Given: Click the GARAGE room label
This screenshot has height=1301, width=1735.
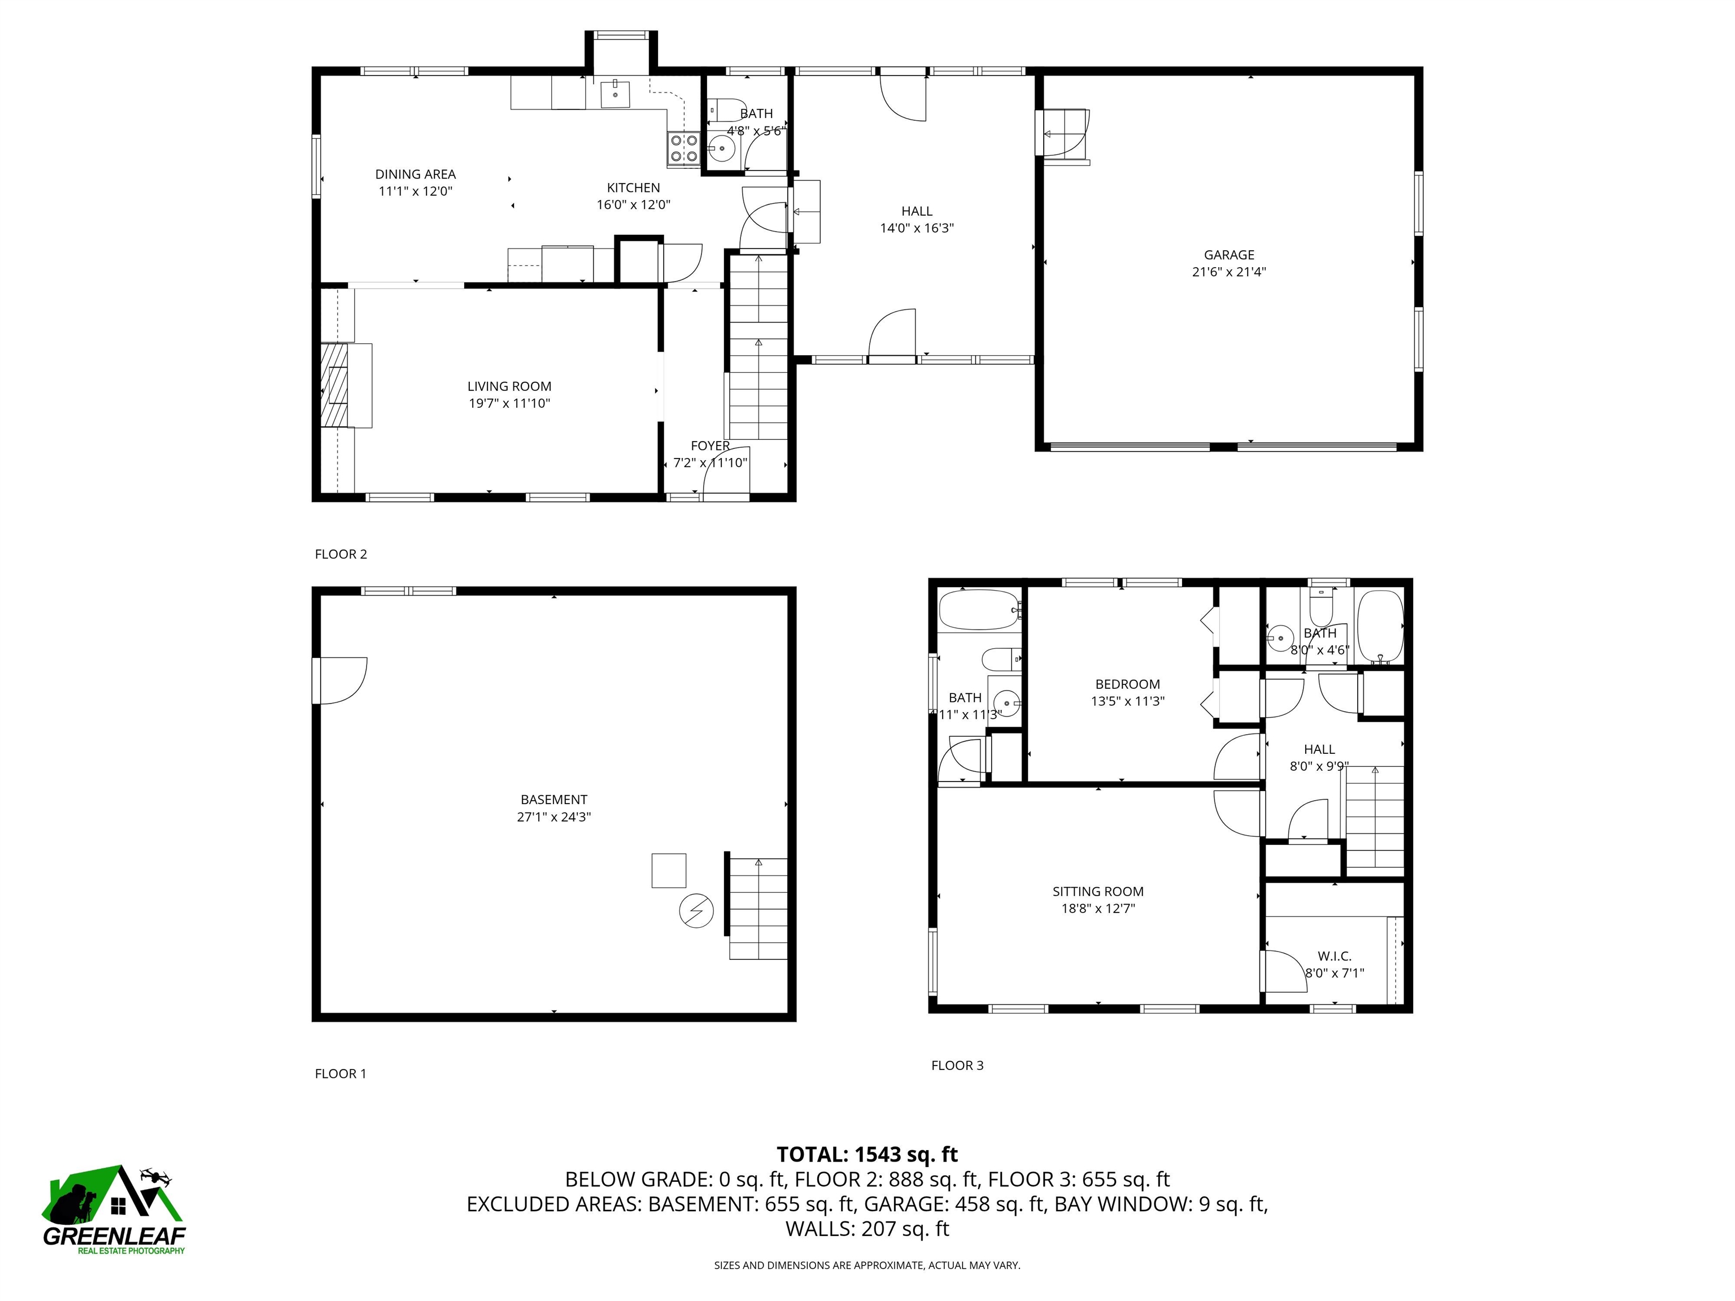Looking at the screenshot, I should pyautogui.click(x=1228, y=255).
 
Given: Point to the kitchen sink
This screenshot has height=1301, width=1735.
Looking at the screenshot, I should pyautogui.click(x=616, y=93).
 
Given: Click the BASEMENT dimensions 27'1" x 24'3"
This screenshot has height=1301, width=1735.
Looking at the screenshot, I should pyautogui.click(x=553, y=817).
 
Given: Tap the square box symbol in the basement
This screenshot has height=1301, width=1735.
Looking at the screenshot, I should pyautogui.click(x=668, y=871).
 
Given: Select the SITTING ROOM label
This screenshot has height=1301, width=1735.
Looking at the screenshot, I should pyautogui.click(x=1097, y=892).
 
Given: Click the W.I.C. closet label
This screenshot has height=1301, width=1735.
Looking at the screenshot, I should pyautogui.click(x=1333, y=956).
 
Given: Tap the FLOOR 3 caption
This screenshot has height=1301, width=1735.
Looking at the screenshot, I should pyautogui.click(x=957, y=1065).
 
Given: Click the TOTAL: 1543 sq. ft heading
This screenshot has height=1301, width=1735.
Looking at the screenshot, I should pyautogui.click(x=867, y=1154).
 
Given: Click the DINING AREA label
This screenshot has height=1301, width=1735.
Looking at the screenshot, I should pyautogui.click(x=415, y=174).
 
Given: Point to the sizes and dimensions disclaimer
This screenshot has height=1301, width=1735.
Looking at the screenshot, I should pyautogui.click(x=867, y=1265).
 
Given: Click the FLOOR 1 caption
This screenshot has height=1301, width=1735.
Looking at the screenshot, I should pyautogui.click(x=341, y=1073).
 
